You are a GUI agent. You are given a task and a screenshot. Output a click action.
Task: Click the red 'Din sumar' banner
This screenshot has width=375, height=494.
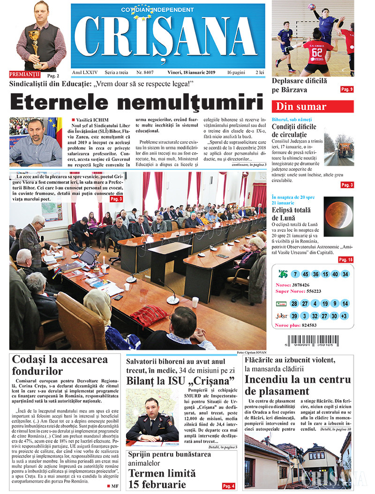pos(313,106)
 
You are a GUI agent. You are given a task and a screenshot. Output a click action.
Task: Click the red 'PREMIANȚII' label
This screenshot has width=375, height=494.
pos(25,75)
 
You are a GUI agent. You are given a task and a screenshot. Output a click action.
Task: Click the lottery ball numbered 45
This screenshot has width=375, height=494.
pos(306,274)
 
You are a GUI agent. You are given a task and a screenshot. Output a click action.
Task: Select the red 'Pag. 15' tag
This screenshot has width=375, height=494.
pos(346,259)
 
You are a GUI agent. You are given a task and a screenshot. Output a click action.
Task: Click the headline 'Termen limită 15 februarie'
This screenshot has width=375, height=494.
pos(158,479)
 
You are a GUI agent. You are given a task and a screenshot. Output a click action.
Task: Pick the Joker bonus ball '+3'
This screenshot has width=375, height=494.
pos(345,316)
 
